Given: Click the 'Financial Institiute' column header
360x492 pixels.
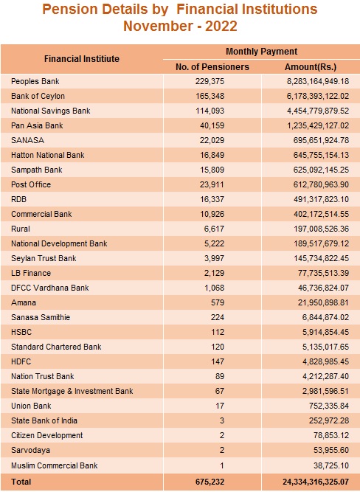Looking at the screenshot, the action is (82, 59).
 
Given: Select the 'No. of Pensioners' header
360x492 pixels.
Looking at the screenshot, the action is (212, 67).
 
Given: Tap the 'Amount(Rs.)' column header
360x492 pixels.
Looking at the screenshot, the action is (311, 67).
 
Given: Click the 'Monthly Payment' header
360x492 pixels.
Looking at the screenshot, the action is (261, 52).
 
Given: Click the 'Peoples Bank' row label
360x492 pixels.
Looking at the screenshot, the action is (35, 82).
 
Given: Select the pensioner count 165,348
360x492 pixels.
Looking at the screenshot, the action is (210, 96).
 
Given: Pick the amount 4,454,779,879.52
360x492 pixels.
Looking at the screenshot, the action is (318, 111).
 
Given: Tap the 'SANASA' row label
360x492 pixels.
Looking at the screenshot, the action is (27, 140).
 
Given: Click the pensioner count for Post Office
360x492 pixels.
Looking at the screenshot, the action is (212, 184).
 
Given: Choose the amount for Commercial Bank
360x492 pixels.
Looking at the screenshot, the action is (321, 214).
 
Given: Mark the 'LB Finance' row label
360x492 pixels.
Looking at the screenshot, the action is (31, 273).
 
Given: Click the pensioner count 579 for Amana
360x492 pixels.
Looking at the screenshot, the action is (218, 302).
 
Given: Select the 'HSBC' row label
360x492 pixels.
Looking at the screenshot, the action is (21, 332).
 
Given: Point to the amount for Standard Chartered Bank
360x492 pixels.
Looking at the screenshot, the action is (326, 347).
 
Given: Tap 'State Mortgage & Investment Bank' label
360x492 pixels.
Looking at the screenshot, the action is (72, 391).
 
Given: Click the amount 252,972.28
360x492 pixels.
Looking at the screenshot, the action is (329, 420).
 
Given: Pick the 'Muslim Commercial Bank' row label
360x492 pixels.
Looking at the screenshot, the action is (55, 465).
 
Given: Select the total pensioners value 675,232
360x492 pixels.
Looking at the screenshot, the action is (210, 482).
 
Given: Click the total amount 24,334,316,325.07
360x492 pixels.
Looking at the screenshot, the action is (316, 482).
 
